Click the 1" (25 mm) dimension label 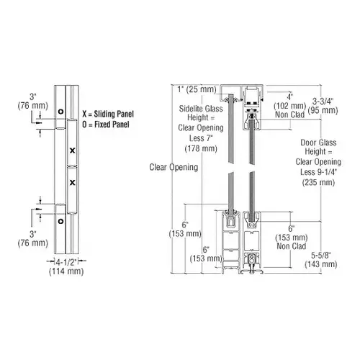(197, 89)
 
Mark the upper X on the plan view (72, 150)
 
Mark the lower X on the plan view (72, 181)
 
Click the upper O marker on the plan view (61, 111)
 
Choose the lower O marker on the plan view (61, 222)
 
